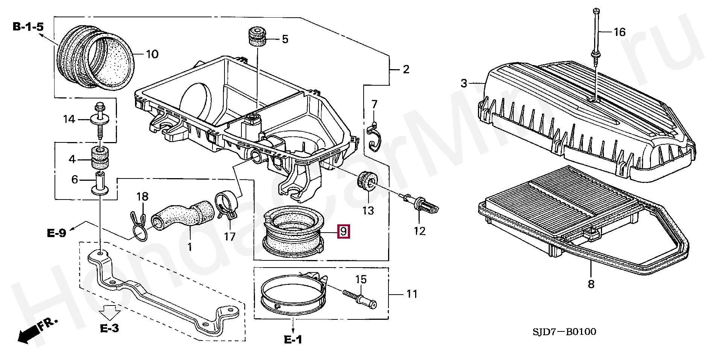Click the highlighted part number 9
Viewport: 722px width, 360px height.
pos(343,231)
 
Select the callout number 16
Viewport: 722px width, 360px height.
pos(619,32)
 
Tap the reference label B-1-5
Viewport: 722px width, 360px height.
pos(28,27)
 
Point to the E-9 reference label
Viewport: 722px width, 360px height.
pos(56,233)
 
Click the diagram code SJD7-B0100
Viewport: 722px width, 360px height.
pos(564,331)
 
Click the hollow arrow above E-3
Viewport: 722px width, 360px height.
pos(109,312)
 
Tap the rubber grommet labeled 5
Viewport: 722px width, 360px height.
pos(258,37)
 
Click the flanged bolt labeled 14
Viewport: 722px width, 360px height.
pos(100,118)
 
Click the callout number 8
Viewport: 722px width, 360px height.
pos(591,284)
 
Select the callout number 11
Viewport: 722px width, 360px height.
pos(412,294)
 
